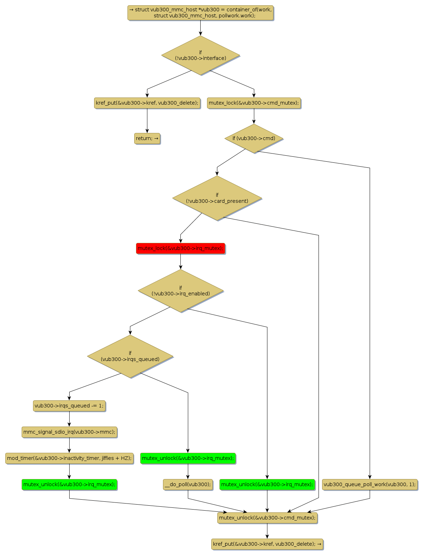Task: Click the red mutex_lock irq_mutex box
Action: [x=180, y=248]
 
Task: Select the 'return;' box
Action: [x=147, y=138]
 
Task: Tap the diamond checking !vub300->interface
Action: [x=200, y=55]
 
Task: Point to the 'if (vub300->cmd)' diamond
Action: [x=254, y=138]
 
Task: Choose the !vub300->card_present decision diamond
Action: [x=217, y=198]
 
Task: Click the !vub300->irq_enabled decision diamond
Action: [x=180, y=291]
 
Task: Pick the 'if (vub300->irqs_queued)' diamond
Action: [x=130, y=356]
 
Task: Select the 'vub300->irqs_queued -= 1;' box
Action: [x=69, y=406]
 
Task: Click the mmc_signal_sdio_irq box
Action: [x=69, y=432]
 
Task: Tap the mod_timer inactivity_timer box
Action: [x=69, y=458]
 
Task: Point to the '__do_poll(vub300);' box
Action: [x=188, y=484]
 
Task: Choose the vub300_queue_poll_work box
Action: [x=370, y=484]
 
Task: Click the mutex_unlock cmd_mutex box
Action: [x=267, y=518]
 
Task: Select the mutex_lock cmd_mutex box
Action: [x=254, y=103]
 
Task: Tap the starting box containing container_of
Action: [x=200, y=13]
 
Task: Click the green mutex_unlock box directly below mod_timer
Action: [x=69, y=484]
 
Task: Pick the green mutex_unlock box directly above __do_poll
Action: [x=188, y=458]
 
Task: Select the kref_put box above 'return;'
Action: [x=147, y=103]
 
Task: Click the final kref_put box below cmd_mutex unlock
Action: [x=267, y=544]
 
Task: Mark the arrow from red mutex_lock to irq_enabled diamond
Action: [x=180, y=262]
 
